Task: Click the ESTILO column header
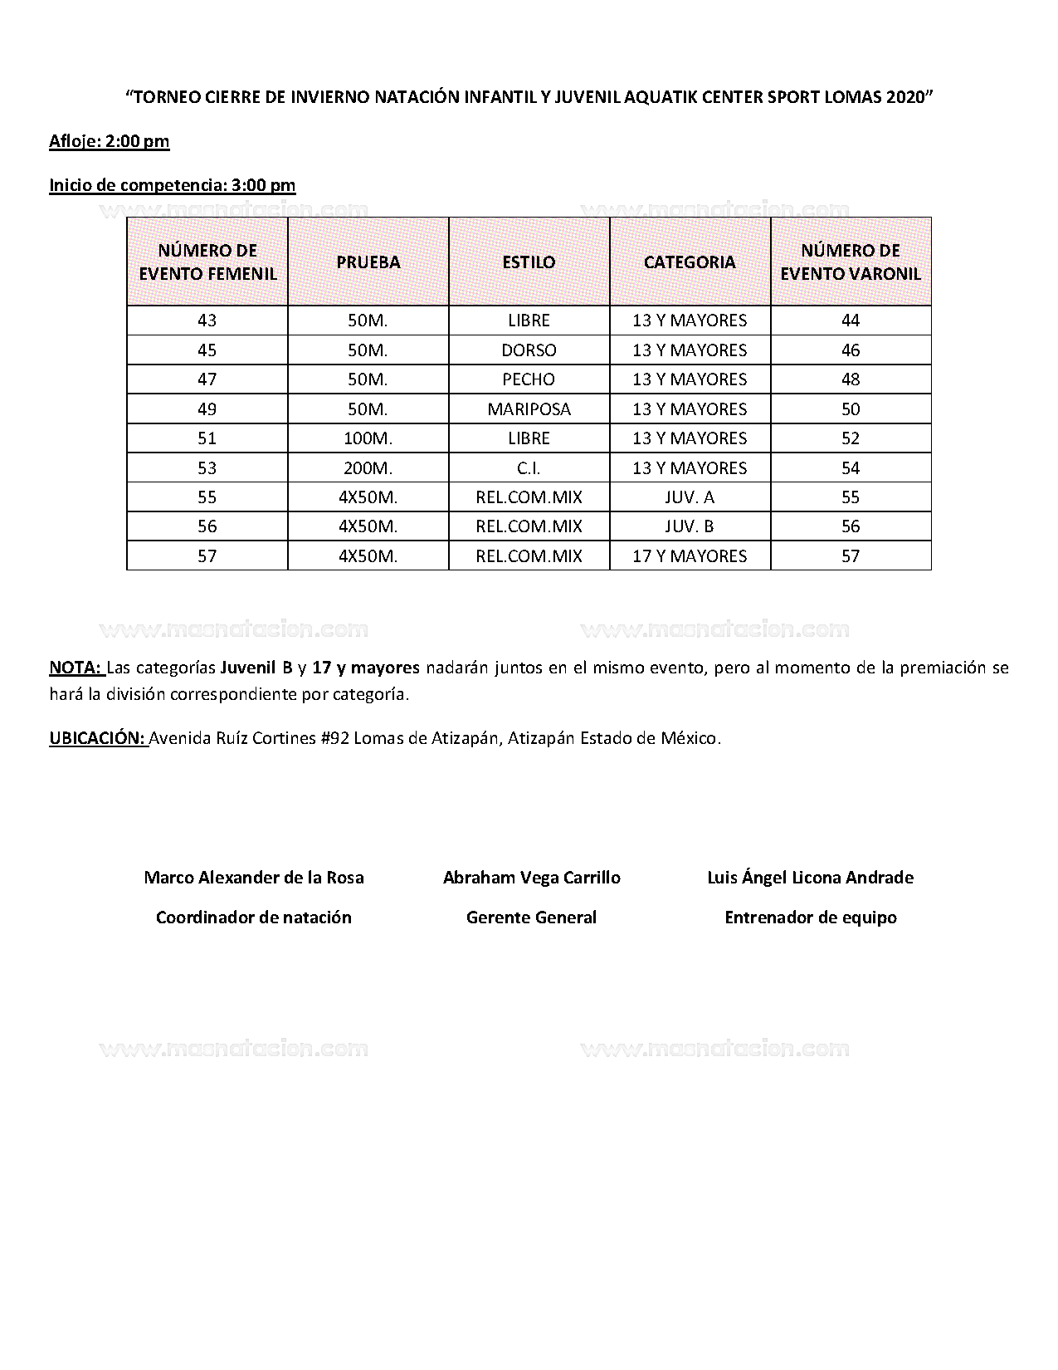(529, 262)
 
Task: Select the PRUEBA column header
(368, 262)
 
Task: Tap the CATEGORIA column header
(690, 262)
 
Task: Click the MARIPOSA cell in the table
(529, 409)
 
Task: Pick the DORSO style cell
(529, 350)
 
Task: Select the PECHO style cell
(529, 379)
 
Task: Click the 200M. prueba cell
(368, 467)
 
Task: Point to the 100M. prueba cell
(368, 438)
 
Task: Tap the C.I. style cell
(529, 467)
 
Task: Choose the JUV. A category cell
(690, 497)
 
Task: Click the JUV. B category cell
(690, 526)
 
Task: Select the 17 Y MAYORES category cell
(690, 555)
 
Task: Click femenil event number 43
(207, 320)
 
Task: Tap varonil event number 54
(851, 467)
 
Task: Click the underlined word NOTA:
(76, 668)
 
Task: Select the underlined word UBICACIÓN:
(97, 737)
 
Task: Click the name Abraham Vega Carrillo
(531, 878)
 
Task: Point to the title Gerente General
(531, 917)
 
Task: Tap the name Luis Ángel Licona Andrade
(810, 878)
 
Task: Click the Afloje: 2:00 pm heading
(109, 141)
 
